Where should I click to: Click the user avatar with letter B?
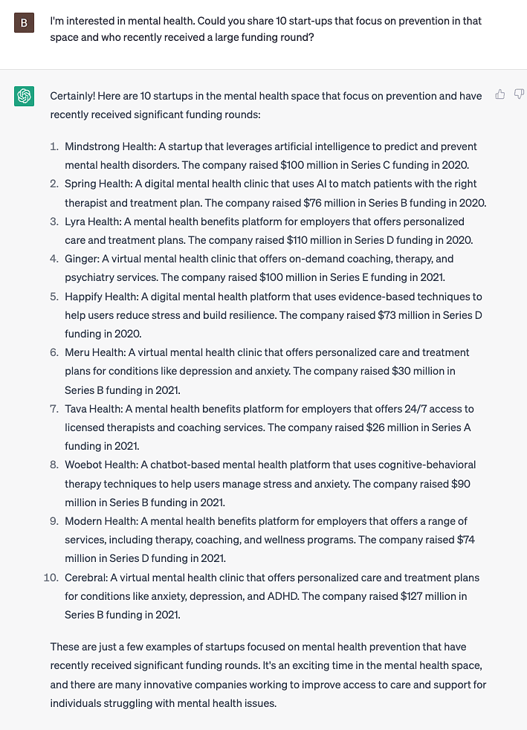click(x=24, y=23)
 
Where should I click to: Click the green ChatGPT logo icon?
click(x=24, y=97)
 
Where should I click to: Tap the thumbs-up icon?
click(x=500, y=94)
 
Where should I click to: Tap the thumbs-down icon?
click(x=518, y=94)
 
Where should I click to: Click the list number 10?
click(x=51, y=578)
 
